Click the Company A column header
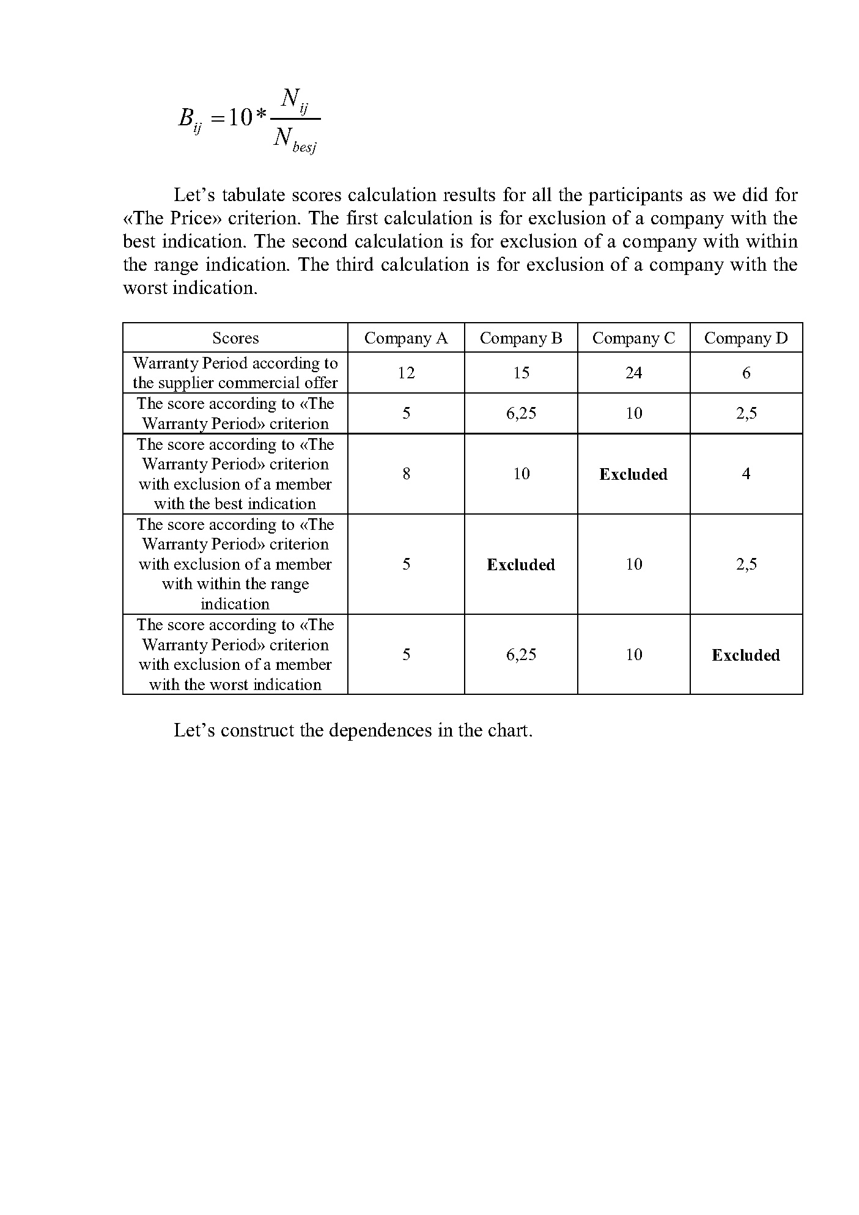click(406, 338)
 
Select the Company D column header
click(746, 338)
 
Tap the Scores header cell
click(235, 338)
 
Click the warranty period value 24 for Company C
click(633, 373)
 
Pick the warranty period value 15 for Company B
click(521, 373)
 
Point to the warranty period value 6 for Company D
click(746, 373)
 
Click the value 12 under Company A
click(406, 373)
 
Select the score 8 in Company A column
click(406, 474)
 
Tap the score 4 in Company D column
click(746, 474)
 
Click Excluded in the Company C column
click(633, 474)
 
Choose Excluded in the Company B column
click(521, 565)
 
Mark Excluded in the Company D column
click(746, 655)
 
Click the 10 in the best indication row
click(521, 474)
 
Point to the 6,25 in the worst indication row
click(521, 655)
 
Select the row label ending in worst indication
click(235, 655)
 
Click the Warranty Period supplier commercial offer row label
click(235, 373)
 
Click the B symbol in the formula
click(186, 117)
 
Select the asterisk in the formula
click(261, 116)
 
